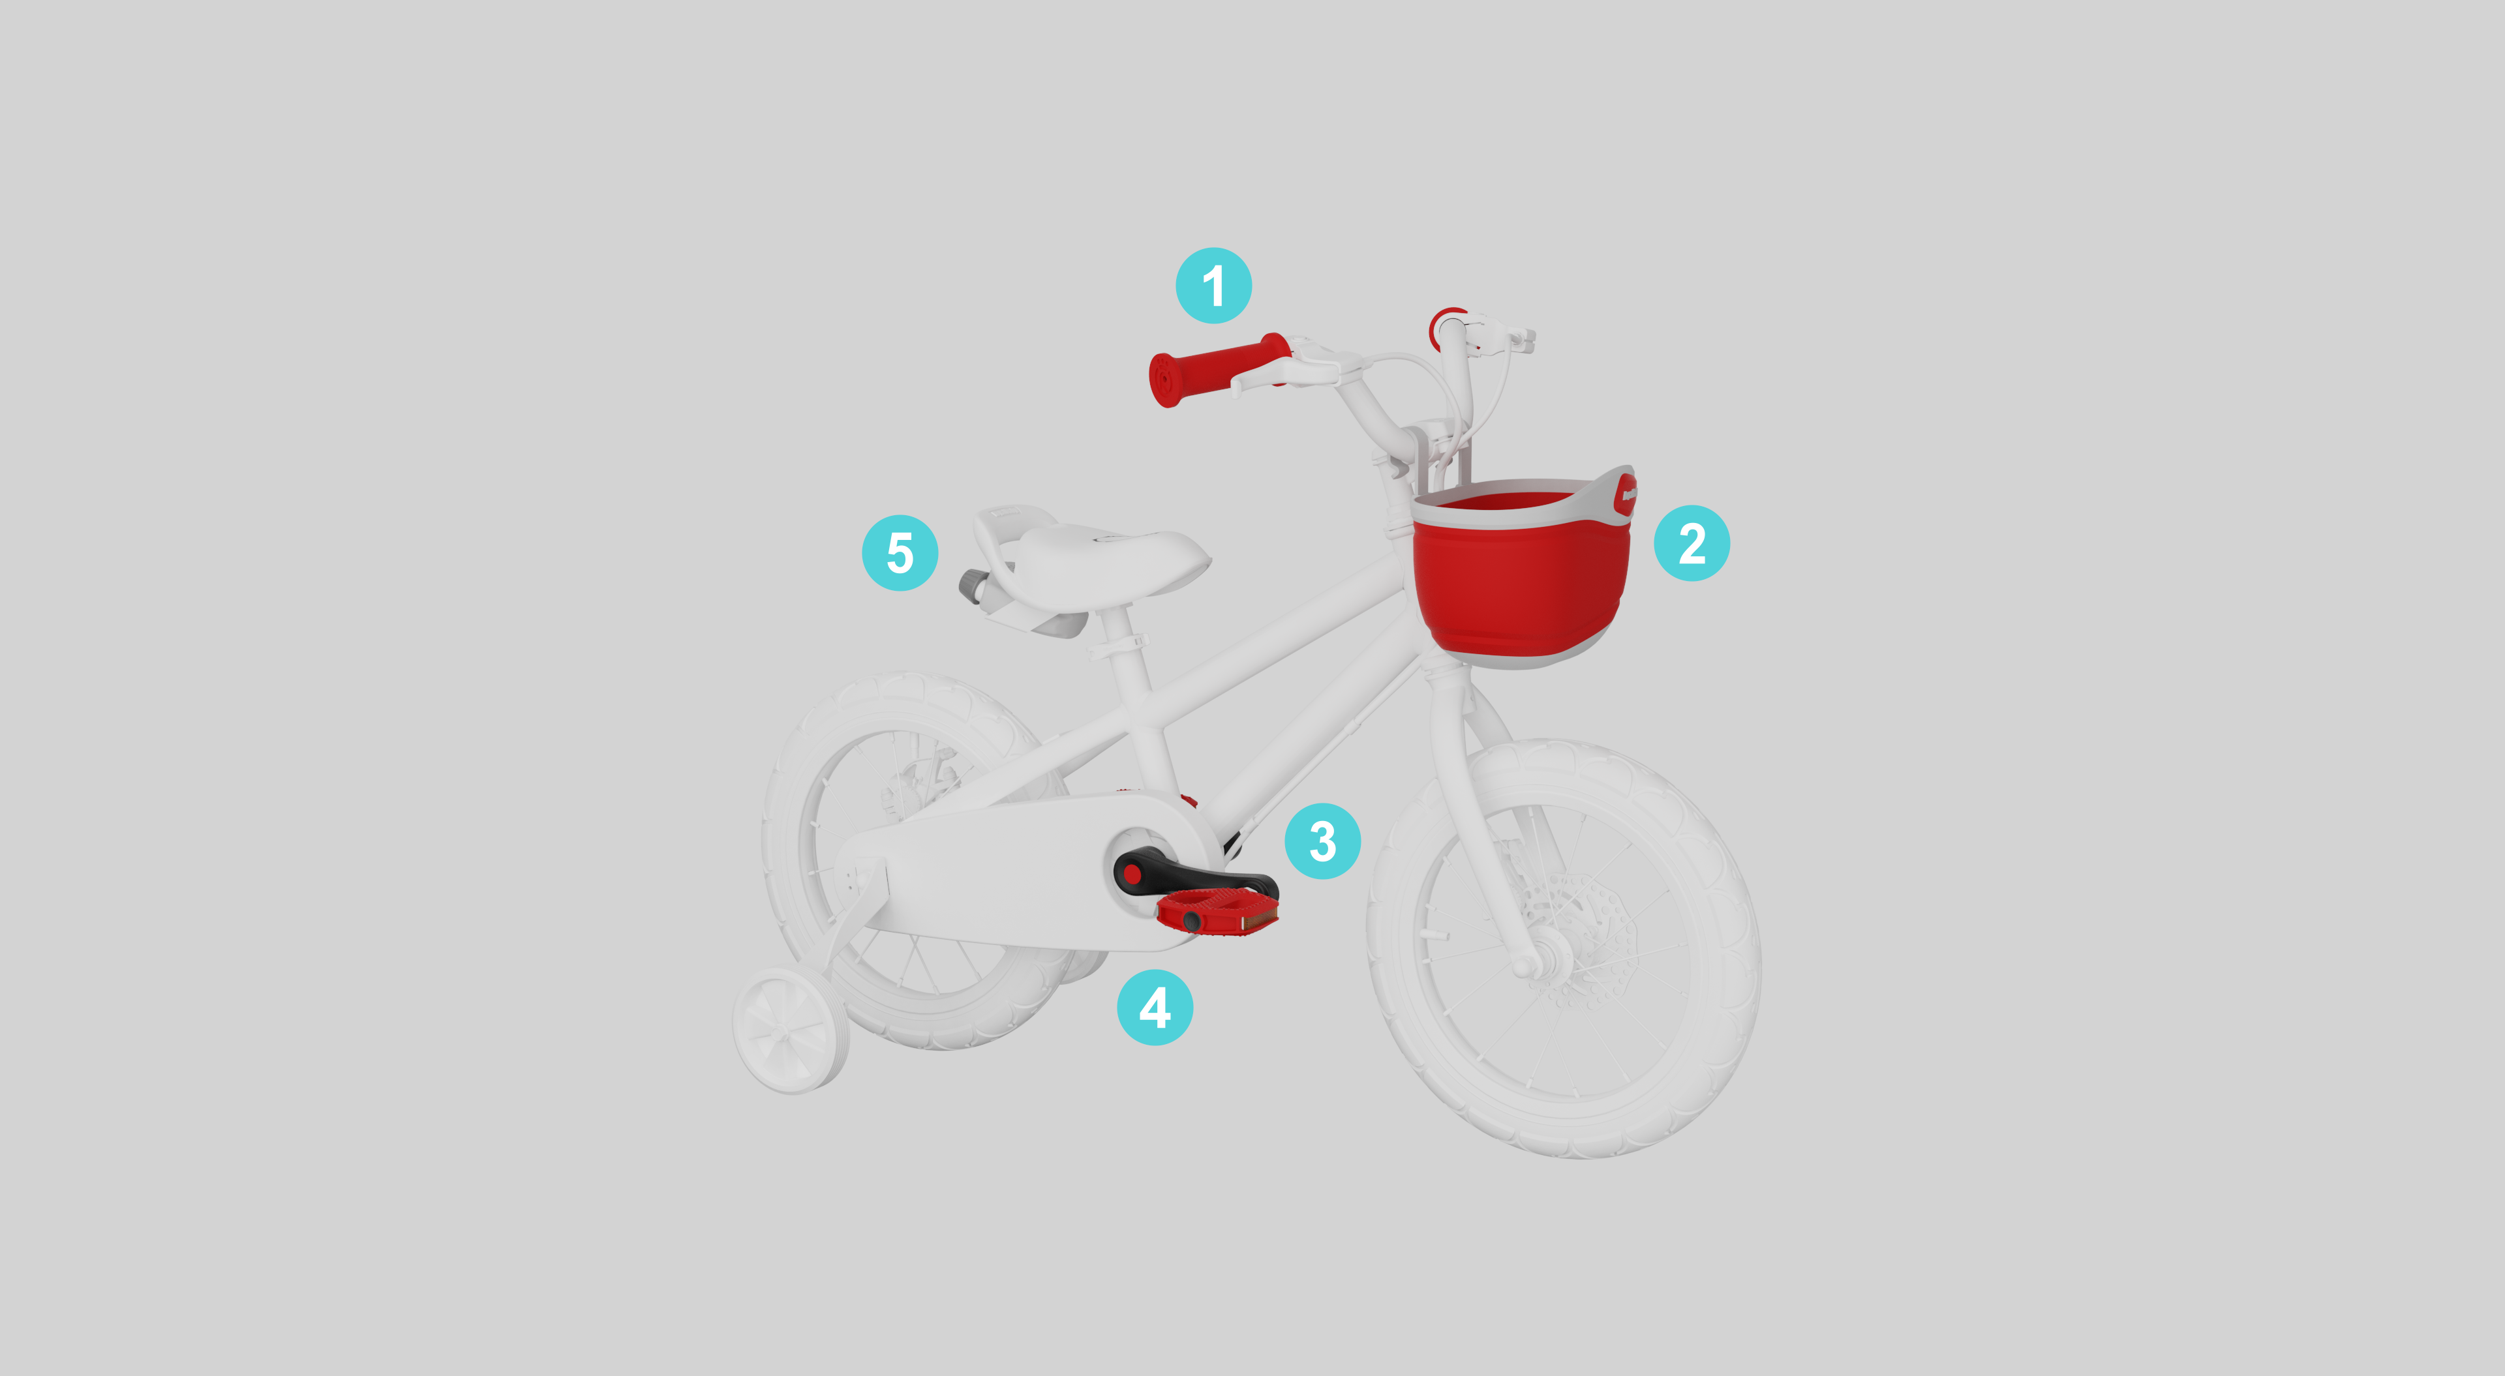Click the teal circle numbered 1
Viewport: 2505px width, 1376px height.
pyautogui.click(x=1213, y=285)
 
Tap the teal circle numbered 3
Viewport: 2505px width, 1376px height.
pyautogui.click(x=1322, y=840)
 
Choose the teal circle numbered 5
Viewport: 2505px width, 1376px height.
pyautogui.click(x=900, y=552)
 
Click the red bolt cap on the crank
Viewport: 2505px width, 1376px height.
pyautogui.click(x=1132, y=875)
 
